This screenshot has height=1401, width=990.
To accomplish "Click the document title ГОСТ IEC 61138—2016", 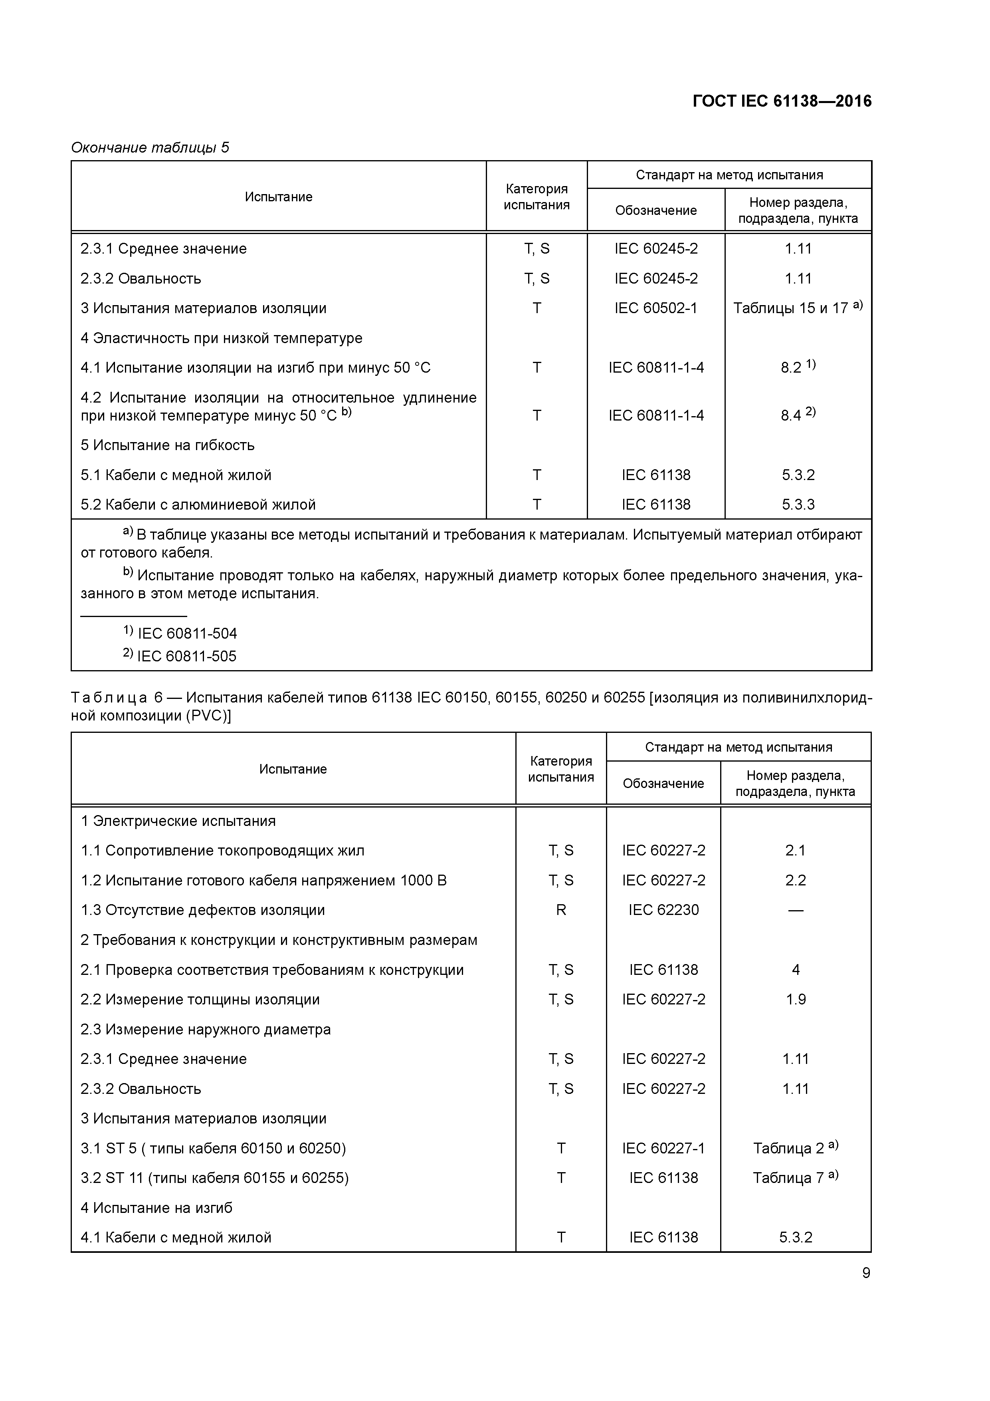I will pos(782,101).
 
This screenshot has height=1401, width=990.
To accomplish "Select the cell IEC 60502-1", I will pos(656,308).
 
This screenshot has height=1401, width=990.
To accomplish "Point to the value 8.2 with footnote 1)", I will pos(797,367).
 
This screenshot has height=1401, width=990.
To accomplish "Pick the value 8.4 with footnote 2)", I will pos(797,415).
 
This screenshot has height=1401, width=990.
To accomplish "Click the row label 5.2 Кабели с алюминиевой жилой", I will pos(198,505).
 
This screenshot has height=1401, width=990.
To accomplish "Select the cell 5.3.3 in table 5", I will pos(798,505).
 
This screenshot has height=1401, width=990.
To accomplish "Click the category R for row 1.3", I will pos(560,910).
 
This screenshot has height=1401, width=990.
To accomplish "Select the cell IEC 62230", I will pos(663,910).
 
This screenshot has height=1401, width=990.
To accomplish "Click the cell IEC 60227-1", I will pos(663,1148).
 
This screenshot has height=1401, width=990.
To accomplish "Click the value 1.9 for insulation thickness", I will pos(796,1000).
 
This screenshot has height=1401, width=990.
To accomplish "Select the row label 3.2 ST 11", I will pos(215,1178).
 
